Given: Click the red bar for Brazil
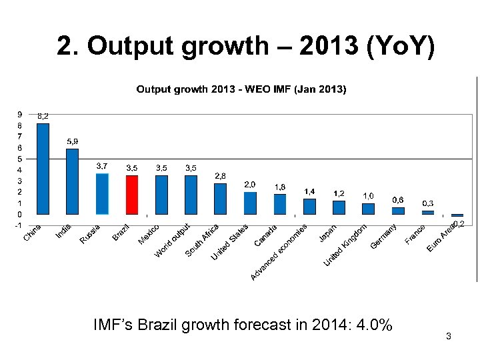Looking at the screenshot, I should pyautogui.click(x=132, y=195).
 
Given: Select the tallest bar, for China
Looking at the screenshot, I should pyautogui.click(x=43, y=169).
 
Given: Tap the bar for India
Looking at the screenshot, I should pyautogui.click(x=72, y=181).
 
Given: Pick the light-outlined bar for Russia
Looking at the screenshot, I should pyautogui.click(x=102, y=194).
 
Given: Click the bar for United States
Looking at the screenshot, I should pyautogui.click(x=250, y=203).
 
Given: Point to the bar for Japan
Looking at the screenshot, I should pyautogui.click(x=339, y=207).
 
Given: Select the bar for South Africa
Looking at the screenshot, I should pyautogui.click(x=220, y=199).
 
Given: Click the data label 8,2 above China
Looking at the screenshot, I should pyautogui.click(x=43, y=116).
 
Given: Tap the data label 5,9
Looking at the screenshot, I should pyautogui.click(x=73, y=141).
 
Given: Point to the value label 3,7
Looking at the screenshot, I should pyautogui.click(x=102, y=165).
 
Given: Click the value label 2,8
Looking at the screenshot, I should pyautogui.click(x=220, y=175).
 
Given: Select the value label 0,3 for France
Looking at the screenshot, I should pyautogui.click(x=428, y=203).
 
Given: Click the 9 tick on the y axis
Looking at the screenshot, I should pyautogui.click(x=19, y=114).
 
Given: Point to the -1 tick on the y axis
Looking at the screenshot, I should pyautogui.click(x=18, y=225).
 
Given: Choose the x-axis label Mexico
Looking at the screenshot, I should pyautogui.click(x=149, y=234).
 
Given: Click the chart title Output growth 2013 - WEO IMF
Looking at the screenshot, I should pyautogui.click(x=241, y=89).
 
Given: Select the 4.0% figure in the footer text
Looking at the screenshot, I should pyautogui.click(x=375, y=325).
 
